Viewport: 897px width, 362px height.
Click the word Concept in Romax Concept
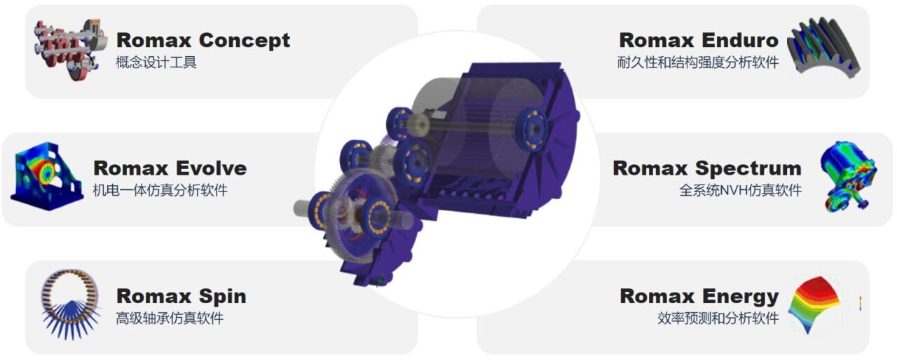pos(245,41)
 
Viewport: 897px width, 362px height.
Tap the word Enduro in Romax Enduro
pos(740,40)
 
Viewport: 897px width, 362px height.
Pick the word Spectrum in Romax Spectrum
pos(748,169)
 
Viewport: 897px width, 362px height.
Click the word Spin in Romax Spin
pos(222,297)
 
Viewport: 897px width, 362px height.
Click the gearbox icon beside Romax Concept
pos(71,49)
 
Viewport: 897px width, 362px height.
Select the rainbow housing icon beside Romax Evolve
pos(47,176)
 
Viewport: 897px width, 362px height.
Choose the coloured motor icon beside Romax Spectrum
pos(847,176)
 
